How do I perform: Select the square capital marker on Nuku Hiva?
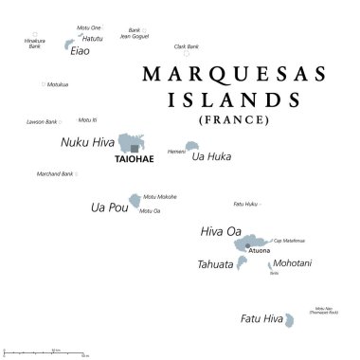click(135, 148)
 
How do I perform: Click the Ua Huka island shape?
click(192, 146)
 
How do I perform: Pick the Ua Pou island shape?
click(135, 201)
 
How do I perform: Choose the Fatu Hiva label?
click(261, 319)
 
